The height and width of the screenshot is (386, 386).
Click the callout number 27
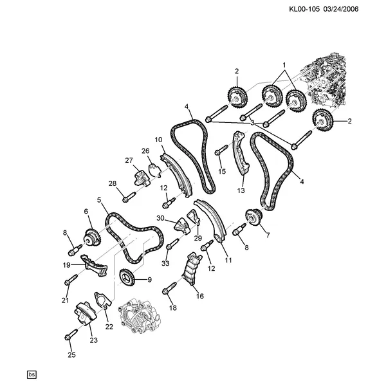[129, 160]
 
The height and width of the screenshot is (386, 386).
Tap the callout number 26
[145, 151]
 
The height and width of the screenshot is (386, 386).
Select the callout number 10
[158, 140]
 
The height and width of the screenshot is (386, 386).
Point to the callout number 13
[241, 190]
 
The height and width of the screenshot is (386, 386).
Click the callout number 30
[160, 218]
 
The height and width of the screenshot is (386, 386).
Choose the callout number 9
[149, 280]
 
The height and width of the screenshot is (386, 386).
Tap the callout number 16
[200, 296]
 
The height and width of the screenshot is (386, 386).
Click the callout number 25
[71, 355]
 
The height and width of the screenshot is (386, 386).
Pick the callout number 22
[109, 327]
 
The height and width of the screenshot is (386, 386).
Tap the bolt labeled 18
[170, 288]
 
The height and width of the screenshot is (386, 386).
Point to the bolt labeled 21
[71, 279]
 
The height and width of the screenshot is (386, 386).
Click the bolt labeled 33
[172, 244]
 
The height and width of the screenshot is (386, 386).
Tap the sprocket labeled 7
[254, 217]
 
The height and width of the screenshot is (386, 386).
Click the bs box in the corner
[32, 375]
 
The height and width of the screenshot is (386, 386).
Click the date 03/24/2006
[341, 9]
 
